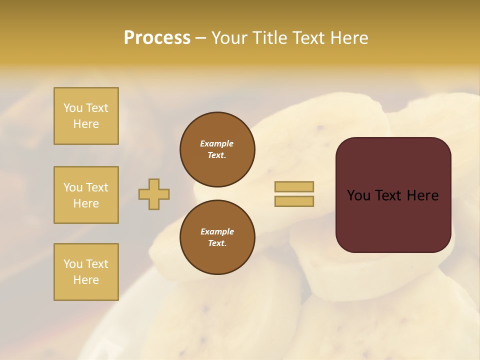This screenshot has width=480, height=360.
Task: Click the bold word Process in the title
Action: coord(157,38)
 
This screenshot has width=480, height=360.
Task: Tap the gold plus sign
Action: coord(154,194)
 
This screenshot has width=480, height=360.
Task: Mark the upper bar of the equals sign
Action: coord(294,186)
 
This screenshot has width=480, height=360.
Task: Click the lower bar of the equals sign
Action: coord(294,201)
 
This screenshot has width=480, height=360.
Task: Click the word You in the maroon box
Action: coord(358,195)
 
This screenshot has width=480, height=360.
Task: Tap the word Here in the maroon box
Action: coord(422,195)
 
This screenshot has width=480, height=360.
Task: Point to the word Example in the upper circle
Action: coord(217,143)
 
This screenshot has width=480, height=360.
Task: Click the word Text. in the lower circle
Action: coord(217,243)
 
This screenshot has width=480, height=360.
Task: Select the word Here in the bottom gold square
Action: coord(86,280)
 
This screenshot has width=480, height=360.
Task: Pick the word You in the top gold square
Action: coord(72,108)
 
